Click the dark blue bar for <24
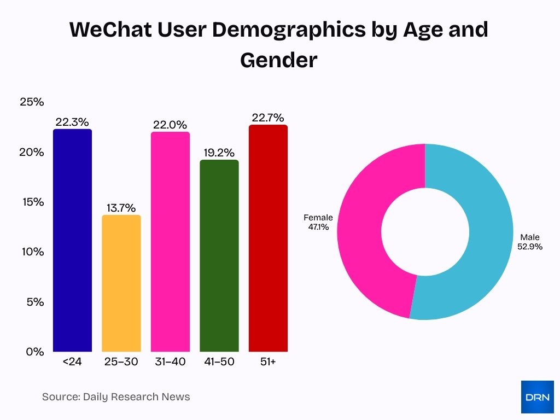(x=72, y=241)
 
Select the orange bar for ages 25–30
(x=121, y=283)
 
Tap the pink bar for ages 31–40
(x=170, y=242)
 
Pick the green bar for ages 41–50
(x=219, y=256)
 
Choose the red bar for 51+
(x=268, y=238)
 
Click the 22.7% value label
(x=268, y=118)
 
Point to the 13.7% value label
(x=121, y=208)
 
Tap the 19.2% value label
(x=219, y=153)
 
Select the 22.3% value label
(x=72, y=122)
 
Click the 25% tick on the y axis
(x=32, y=102)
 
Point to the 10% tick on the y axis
(x=32, y=252)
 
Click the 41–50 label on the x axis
(x=219, y=361)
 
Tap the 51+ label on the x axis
(x=268, y=361)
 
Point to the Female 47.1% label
(x=318, y=222)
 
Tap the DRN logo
(x=537, y=396)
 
